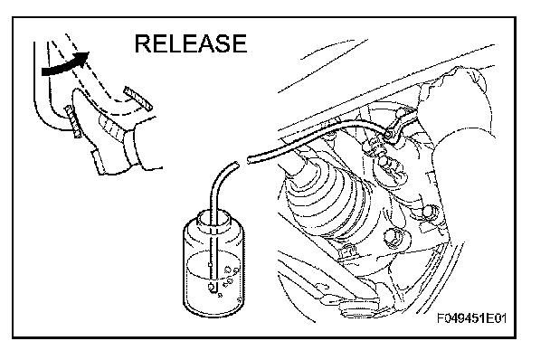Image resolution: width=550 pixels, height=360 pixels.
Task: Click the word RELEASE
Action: [191, 43]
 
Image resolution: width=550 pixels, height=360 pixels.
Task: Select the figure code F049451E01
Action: [472, 318]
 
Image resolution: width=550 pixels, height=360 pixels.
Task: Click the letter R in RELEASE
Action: [143, 43]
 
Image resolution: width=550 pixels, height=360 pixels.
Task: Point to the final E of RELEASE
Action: [240, 43]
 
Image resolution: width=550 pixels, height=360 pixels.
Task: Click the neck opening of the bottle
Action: [214, 219]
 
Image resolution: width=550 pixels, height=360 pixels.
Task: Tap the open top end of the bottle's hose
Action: [236, 165]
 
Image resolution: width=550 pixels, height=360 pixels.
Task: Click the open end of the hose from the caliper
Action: [249, 160]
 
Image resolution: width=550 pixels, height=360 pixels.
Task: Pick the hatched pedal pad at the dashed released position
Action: [137, 99]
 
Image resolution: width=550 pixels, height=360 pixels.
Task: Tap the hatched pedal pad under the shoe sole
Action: [73, 121]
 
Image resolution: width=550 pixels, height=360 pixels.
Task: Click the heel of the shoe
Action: [100, 162]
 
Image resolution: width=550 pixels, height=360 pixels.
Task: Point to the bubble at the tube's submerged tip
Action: [212, 287]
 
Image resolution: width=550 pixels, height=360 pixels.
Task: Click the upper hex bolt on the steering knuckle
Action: [429, 212]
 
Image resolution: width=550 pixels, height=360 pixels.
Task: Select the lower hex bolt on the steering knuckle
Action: [393, 237]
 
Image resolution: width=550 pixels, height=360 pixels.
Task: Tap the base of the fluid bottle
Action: [214, 308]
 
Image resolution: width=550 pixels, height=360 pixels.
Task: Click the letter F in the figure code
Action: [441, 318]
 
